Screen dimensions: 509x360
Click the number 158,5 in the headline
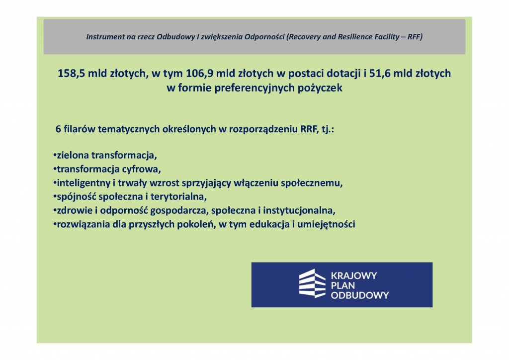72,74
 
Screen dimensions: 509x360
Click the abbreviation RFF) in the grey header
415,37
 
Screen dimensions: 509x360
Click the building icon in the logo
312,283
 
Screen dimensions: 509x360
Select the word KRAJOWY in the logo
354,275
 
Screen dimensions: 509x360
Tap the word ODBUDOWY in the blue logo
360,295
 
